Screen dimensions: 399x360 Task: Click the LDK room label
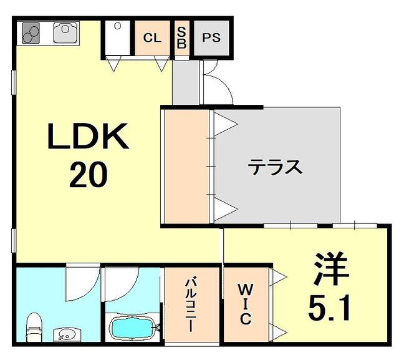(x=88, y=136)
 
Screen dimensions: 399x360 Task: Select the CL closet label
(x=152, y=38)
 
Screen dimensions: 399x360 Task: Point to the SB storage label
(x=181, y=37)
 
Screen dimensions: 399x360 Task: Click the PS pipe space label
(x=211, y=37)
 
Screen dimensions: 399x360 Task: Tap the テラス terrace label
(x=276, y=167)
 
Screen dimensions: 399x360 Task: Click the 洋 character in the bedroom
(x=331, y=269)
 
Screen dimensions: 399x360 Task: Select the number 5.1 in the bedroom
(x=329, y=308)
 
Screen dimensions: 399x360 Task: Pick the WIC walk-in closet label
(x=246, y=304)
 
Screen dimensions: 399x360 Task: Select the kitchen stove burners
(x=31, y=33)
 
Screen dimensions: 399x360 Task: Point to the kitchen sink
(x=65, y=32)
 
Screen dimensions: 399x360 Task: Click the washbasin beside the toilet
(x=67, y=334)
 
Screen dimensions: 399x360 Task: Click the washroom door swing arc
(x=82, y=283)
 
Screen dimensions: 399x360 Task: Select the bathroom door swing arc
(x=122, y=283)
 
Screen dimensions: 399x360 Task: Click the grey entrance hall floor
(x=186, y=82)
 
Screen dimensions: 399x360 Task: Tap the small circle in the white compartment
(x=117, y=26)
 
